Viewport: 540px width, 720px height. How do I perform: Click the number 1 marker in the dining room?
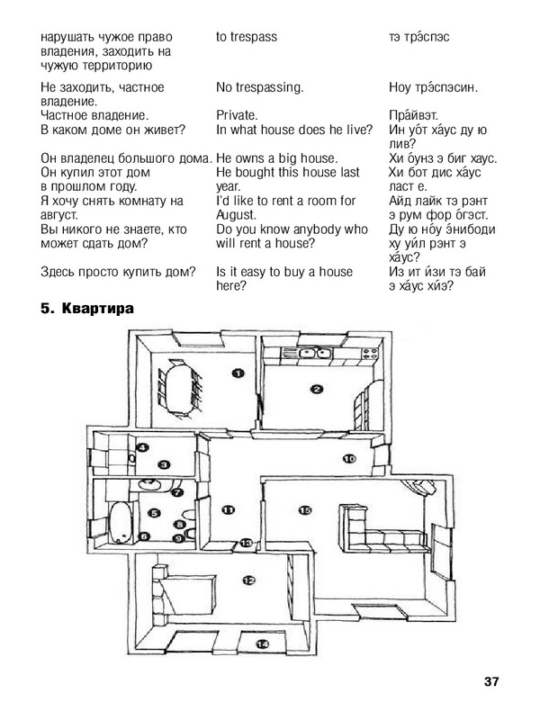point(238,372)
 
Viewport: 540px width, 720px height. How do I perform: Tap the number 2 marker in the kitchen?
point(317,390)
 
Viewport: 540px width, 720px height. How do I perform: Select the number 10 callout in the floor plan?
point(349,459)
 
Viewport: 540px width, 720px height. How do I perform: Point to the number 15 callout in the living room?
point(304,510)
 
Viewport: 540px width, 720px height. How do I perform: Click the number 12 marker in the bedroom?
point(247,580)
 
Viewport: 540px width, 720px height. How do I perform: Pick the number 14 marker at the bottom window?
point(263,643)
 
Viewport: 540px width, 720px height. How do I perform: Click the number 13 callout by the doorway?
point(247,543)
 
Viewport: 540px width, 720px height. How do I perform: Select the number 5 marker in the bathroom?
point(154,514)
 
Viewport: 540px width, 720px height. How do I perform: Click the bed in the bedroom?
point(184,594)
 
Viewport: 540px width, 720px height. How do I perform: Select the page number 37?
point(490,680)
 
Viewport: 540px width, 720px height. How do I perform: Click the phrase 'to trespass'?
point(247,37)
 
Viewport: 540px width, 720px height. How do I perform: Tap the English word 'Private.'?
point(238,115)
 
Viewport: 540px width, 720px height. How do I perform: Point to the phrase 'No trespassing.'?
point(260,87)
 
